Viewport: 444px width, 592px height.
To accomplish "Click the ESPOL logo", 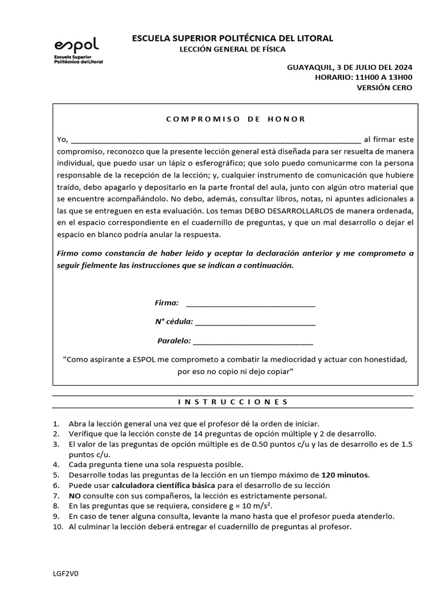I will (78, 50).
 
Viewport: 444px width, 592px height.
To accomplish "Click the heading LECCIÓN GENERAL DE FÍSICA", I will (234, 50).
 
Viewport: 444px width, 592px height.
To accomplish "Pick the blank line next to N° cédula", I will (256, 322).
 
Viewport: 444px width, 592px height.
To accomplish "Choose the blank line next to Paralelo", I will (253, 341).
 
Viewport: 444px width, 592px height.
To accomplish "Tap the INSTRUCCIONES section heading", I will (233, 402).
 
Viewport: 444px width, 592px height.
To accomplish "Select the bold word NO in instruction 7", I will (75, 496).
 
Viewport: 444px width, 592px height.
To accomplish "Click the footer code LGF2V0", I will (65, 573).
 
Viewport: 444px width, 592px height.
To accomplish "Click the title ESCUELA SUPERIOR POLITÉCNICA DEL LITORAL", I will (233, 38).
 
